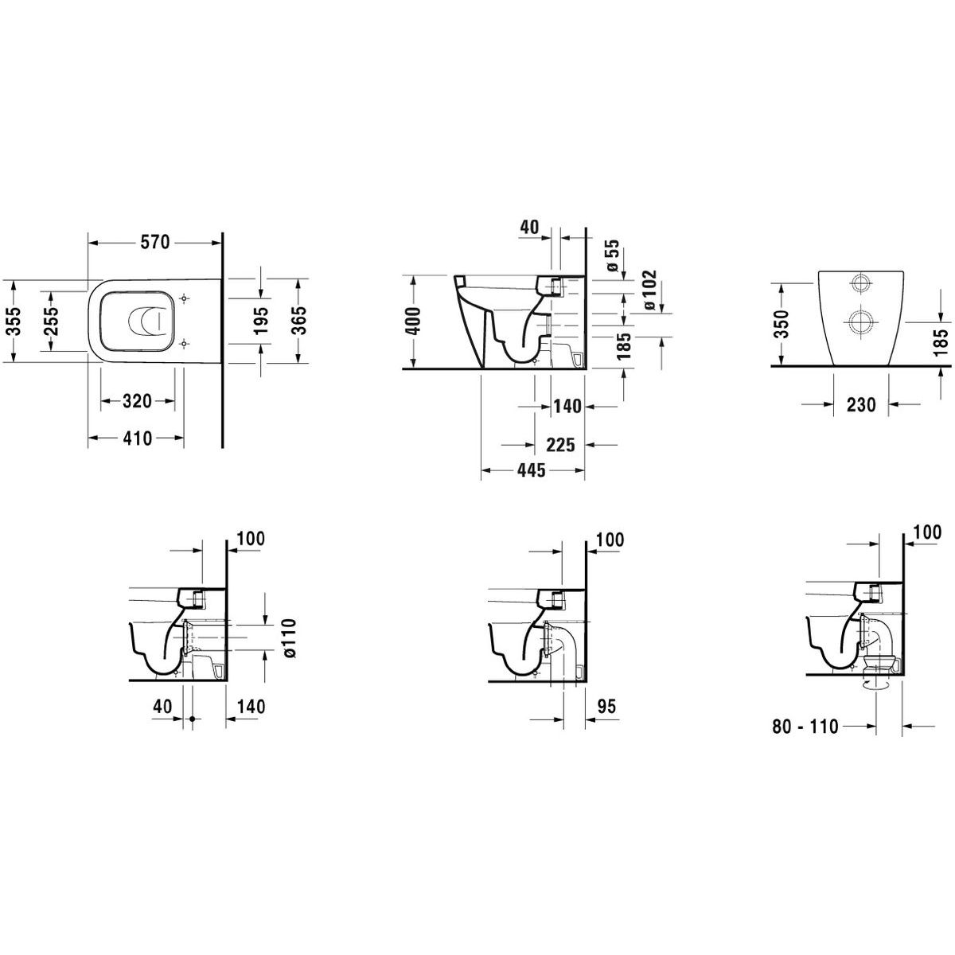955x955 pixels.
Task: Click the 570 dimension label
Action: pyautogui.click(x=155, y=243)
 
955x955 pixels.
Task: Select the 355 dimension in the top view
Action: pyautogui.click(x=17, y=321)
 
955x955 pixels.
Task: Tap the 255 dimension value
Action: pyautogui.click(x=52, y=321)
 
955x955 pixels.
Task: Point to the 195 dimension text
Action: pyautogui.click(x=262, y=320)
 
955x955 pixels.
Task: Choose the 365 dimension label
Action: pyautogui.click(x=299, y=320)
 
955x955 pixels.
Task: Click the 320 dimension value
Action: pyautogui.click(x=137, y=400)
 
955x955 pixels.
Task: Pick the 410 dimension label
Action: pyautogui.click(x=137, y=438)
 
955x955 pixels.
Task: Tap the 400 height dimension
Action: pyautogui.click(x=413, y=322)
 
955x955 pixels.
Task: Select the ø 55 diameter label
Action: pyautogui.click(x=613, y=255)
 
